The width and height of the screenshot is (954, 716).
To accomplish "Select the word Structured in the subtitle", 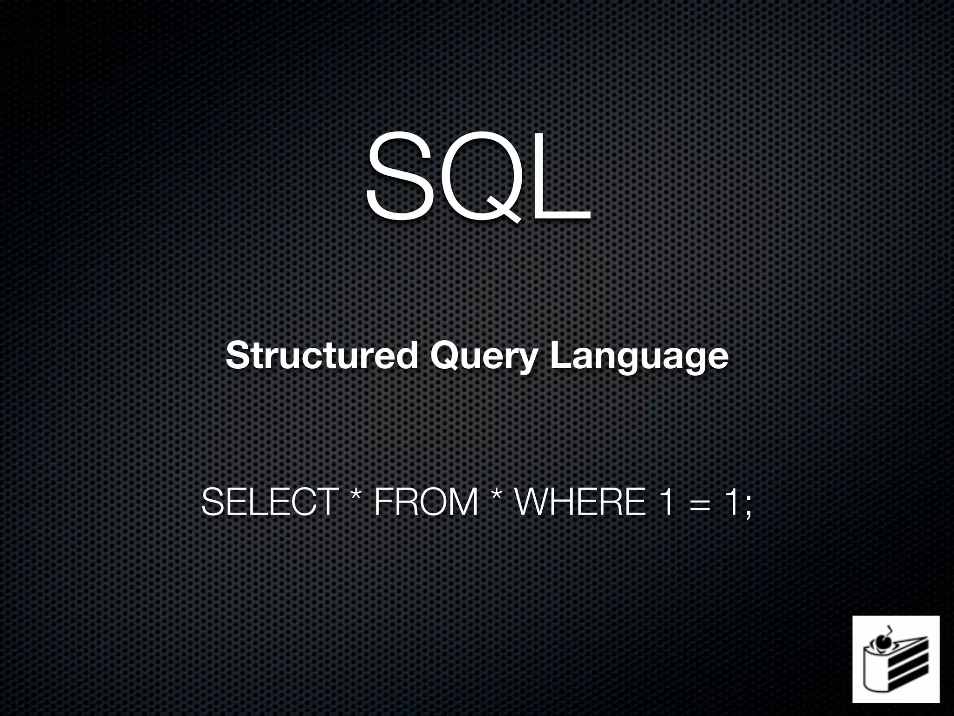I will coord(321,356).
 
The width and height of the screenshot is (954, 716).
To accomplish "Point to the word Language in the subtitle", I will coord(639,357).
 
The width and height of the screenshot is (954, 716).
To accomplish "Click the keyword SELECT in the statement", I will coord(270,502).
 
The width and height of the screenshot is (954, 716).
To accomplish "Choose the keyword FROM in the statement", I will coord(426,502).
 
